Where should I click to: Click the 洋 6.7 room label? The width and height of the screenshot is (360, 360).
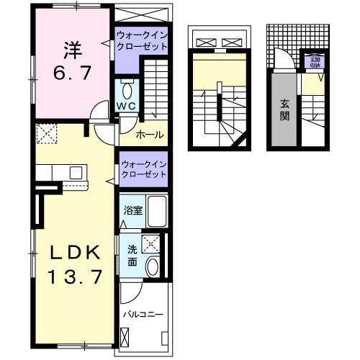pyautogui.click(x=71, y=61)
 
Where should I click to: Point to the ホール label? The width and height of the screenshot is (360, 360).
pyautogui.click(x=148, y=135)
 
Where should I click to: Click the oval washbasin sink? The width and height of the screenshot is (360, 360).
pyautogui.click(x=153, y=266)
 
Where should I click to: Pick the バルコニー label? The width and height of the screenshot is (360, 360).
pyautogui.click(x=143, y=315)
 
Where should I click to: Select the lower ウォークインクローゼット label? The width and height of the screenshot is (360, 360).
pyautogui.click(x=143, y=169)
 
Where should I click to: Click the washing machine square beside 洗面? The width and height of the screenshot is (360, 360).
pyautogui.click(x=151, y=244)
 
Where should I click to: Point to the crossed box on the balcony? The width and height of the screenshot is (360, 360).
pyautogui.click(x=127, y=336)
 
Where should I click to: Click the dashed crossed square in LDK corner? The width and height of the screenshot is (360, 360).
pyautogui.click(x=48, y=132)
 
